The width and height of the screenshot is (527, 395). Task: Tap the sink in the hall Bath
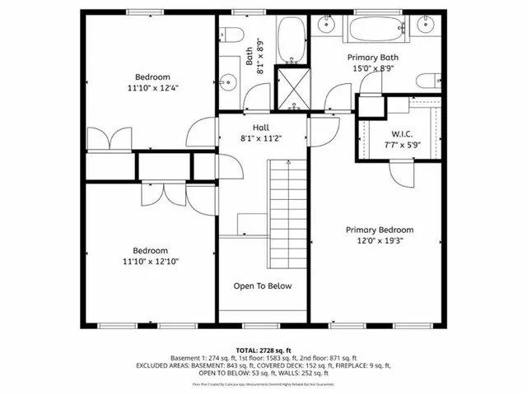230,81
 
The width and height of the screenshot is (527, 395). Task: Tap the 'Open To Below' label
263,286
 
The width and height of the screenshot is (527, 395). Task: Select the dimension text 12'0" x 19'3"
380,241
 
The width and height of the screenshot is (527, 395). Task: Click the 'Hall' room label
261,128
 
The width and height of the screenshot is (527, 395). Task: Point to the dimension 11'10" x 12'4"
152,86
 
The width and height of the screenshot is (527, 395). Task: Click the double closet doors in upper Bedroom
110,138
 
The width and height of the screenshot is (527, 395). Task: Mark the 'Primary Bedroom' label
380,230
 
